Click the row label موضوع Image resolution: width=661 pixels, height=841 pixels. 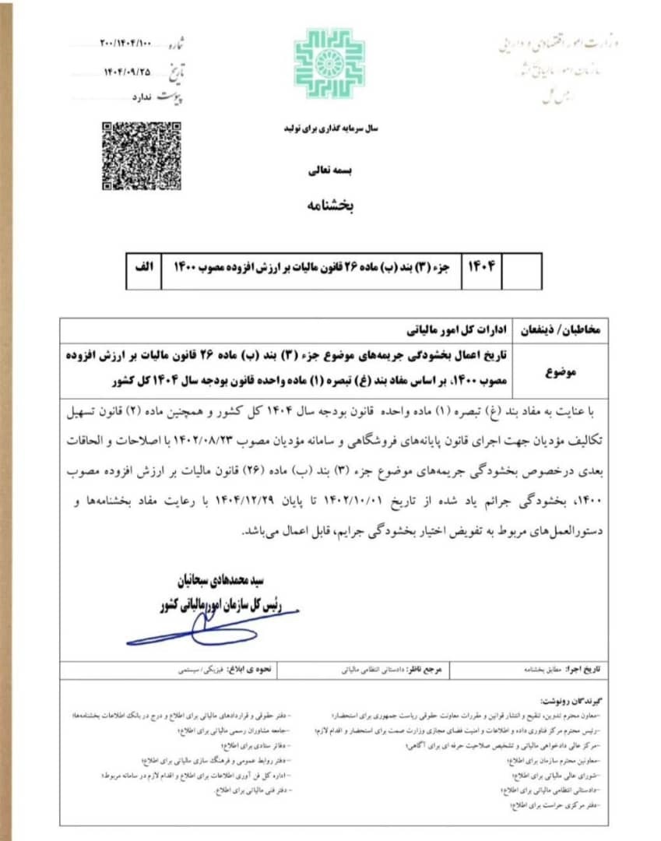pyautogui.click(x=561, y=372)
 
